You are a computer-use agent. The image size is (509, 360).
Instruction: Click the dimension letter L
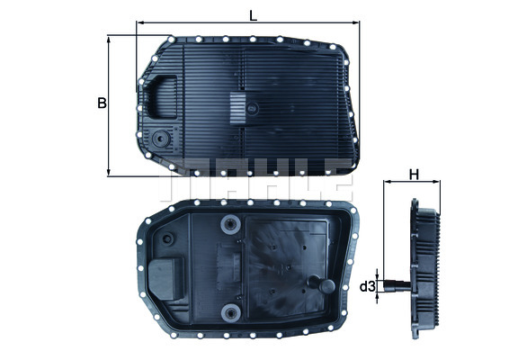(x=254, y=13)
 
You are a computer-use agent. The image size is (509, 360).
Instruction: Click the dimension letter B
(x=102, y=103)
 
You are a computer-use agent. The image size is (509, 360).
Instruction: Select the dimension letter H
(x=414, y=174)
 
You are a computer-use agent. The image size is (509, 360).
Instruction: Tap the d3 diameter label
(x=366, y=287)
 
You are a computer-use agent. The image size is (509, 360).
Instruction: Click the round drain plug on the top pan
(x=161, y=140)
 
